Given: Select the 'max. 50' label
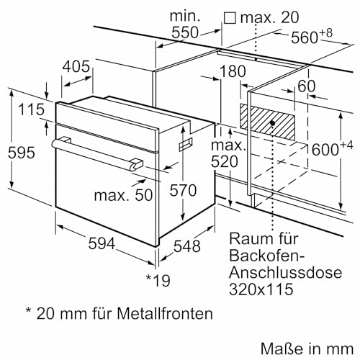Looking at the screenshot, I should tap(120, 194).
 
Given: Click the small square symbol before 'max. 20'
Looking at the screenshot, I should tap(230, 15).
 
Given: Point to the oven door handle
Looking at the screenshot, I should tap(94, 153).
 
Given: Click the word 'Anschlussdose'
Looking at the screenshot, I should tap(274, 273).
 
